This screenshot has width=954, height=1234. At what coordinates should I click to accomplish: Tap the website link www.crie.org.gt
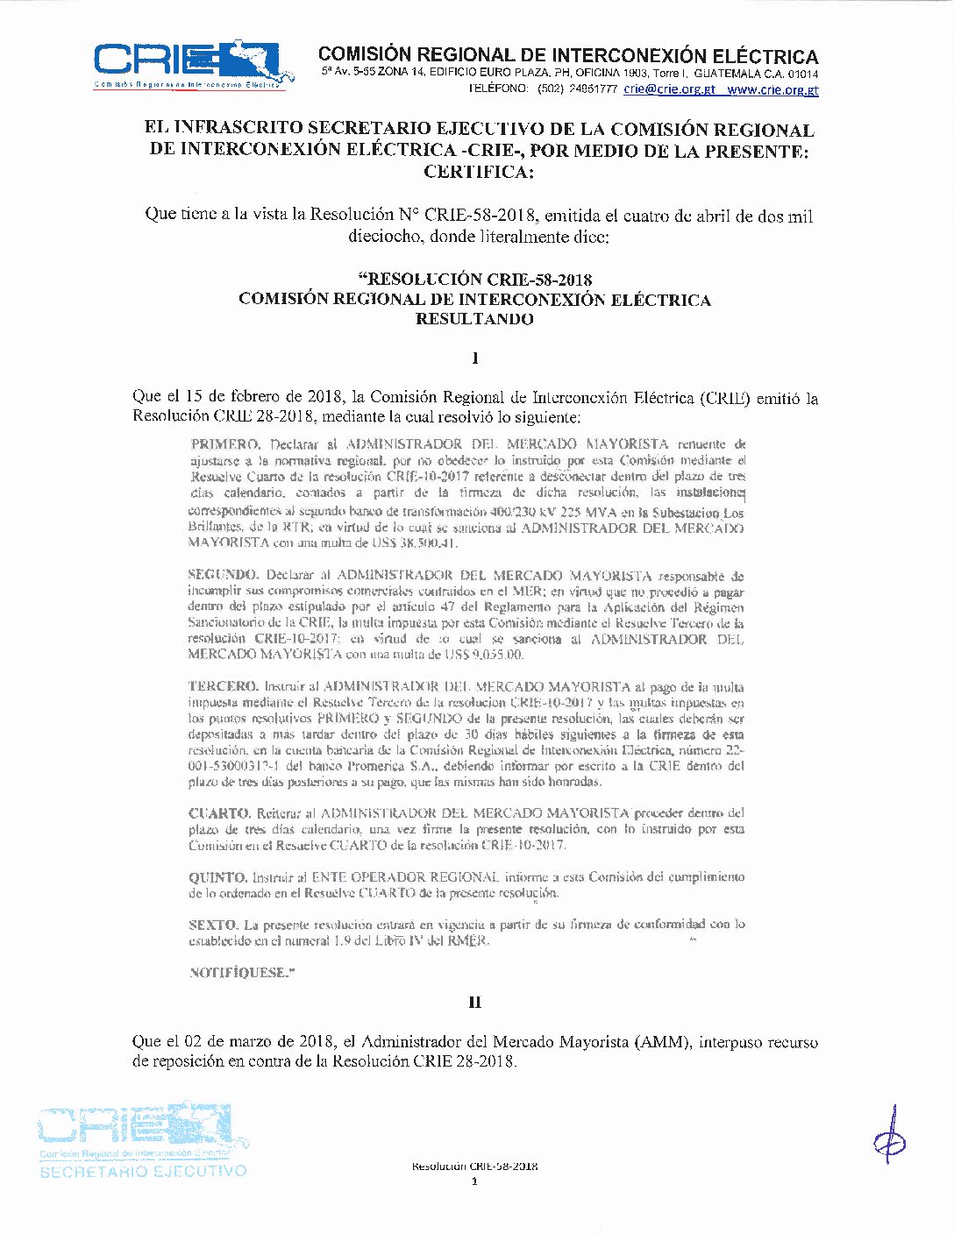(x=772, y=89)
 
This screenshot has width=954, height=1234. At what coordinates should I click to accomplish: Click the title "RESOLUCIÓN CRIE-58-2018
(x=475, y=280)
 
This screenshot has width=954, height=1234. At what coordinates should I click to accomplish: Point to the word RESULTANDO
(x=474, y=319)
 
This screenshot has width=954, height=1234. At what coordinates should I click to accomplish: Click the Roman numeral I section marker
(x=475, y=358)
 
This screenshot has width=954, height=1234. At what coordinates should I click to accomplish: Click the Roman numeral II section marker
(x=475, y=1003)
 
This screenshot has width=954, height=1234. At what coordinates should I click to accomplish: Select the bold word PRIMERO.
(x=225, y=444)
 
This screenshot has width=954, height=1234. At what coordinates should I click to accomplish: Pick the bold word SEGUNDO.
(x=224, y=575)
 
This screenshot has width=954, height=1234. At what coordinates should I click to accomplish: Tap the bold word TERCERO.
(x=224, y=686)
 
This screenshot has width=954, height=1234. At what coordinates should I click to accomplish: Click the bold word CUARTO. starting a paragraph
(x=220, y=813)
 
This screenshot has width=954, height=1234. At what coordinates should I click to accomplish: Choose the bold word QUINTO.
(x=218, y=877)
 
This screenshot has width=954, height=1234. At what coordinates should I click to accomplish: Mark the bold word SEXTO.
(x=213, y=925)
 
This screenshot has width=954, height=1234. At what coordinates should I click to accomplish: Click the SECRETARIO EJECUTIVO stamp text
(x=144, y=1171)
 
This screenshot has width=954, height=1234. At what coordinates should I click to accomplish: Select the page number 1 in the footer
(x=474, y=1181)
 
